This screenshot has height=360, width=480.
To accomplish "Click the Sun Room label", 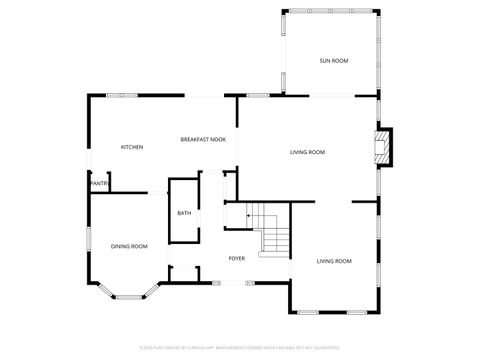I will point(333,61).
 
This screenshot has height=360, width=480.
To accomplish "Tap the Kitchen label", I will point(132,147).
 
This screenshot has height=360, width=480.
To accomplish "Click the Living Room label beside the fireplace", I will point(307,152).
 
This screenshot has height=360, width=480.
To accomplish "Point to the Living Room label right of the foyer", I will point(334,261).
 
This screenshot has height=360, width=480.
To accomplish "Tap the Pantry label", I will point(99,184).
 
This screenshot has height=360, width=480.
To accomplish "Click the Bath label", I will point(184,213).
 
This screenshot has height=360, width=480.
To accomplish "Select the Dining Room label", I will point(129,246).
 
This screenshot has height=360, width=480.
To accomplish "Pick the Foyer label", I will point(236,258).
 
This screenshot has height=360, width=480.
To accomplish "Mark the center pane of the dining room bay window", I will point(128,295).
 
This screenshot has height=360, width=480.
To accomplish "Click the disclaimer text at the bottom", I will point(240,348).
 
